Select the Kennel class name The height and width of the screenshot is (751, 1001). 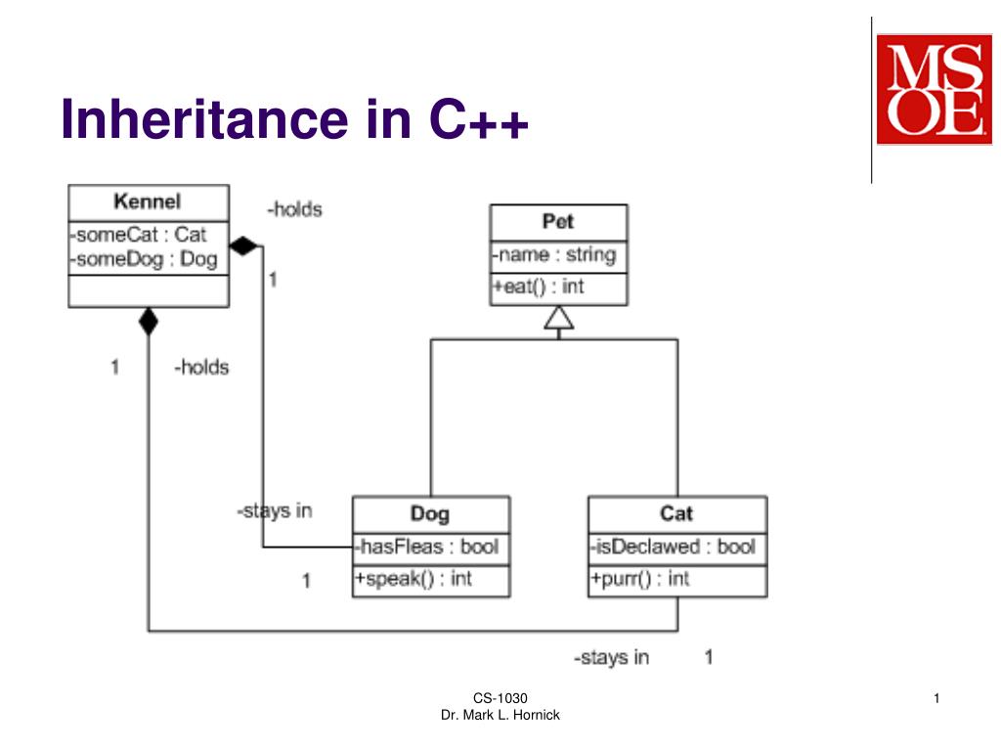(148, 202)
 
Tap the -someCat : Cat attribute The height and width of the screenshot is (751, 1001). (138, 235)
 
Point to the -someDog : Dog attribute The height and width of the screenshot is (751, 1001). (144, 259)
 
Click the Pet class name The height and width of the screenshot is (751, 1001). (558, 221)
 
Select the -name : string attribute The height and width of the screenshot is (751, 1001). (554, 255)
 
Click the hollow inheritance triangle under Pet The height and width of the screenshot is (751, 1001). (558, 318)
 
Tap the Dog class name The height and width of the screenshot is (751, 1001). (430, 513)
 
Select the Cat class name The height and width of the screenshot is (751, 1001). (676, 513)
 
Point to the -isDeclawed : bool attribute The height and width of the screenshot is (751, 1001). (673, 547)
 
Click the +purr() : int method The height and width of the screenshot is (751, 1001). (639, 579)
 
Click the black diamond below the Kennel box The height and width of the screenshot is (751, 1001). (148, 321)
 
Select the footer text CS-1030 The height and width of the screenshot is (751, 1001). (500, 698)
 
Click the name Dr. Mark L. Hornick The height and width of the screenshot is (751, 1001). (500, 717)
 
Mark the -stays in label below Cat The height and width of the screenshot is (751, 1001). (611, 657)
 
